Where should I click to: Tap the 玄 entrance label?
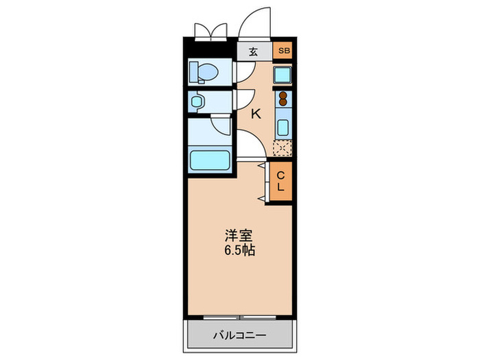click(x=253, y=51)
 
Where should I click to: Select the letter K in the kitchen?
click(x=256, y=115)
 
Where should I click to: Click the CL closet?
click(x=281, y=182)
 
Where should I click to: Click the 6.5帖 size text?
click(x=239, y=251)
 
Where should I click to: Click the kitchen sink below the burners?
click(x=282, y=127)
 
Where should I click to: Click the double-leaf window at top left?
click(x=210, y=31)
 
